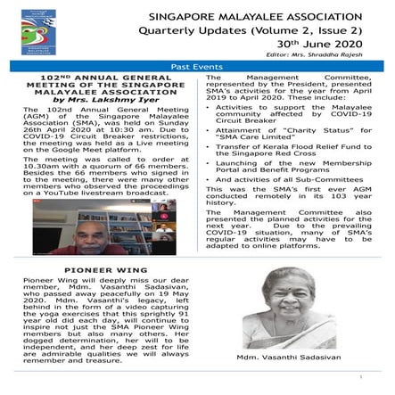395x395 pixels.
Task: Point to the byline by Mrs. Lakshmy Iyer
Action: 97,103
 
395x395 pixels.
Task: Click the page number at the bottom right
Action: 382,387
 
